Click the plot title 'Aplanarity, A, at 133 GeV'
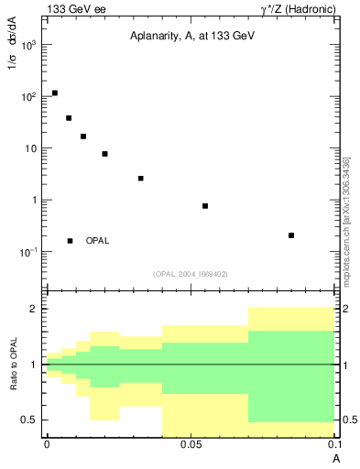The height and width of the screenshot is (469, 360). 191,35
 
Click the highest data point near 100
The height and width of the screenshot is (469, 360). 55,93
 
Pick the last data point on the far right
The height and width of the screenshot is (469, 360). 291,235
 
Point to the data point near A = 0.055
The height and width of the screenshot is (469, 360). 205,206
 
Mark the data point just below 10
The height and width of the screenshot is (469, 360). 105,154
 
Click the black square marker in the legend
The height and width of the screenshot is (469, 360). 71,241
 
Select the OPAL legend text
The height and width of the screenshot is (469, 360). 97,241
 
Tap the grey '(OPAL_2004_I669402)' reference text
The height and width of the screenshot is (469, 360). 191,273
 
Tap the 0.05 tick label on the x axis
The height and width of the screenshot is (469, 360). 191,444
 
